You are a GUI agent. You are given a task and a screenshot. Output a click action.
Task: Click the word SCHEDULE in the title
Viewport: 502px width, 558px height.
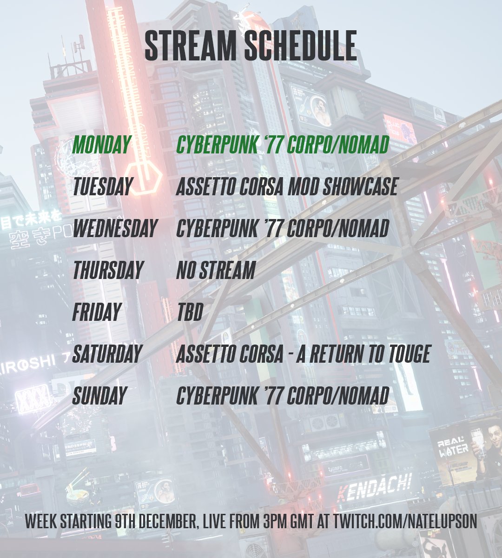300,46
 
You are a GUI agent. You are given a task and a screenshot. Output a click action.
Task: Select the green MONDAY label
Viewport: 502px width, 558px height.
101,146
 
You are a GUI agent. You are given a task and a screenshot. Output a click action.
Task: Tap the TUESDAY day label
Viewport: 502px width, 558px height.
102,187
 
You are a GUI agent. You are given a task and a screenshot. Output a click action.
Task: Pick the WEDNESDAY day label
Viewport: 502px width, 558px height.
114,229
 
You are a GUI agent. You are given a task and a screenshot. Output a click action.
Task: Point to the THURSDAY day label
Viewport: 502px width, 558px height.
107,271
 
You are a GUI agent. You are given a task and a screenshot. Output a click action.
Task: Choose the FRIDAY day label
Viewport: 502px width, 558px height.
97,312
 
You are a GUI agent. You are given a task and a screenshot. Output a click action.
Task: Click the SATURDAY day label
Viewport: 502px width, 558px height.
107,354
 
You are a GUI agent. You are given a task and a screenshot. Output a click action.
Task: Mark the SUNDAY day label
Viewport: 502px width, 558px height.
99,396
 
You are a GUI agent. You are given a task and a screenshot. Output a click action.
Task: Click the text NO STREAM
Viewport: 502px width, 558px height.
216,271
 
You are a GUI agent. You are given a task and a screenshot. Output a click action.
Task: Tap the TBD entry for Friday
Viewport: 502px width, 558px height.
190,312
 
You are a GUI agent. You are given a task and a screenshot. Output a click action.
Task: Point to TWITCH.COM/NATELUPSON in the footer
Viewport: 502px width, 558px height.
405,521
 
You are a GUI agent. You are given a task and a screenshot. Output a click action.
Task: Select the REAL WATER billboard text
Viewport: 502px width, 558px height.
453,446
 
